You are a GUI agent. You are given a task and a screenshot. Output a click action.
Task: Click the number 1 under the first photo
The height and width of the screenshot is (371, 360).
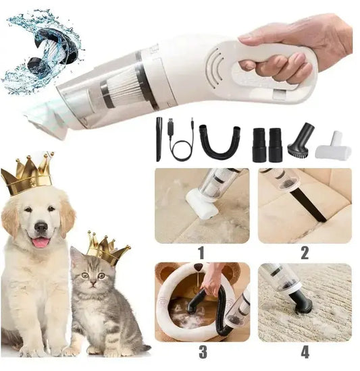pyautogui.click(x=201, y=253)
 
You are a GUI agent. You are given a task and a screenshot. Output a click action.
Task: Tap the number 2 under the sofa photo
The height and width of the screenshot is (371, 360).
pyautogui.click(x=305, y=253)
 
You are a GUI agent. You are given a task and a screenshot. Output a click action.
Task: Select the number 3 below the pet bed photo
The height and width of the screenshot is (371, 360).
pyautogui.click(x=203, y=352)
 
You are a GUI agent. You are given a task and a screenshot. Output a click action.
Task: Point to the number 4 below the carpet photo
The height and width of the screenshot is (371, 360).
pyautogui.click(x=305, y=352)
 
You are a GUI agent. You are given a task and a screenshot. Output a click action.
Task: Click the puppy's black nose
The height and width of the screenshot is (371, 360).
pyautogui.click(x=41, y=227)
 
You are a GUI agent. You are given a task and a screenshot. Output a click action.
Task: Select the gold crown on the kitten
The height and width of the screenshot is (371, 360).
pyautogui.click(x=107, y=248)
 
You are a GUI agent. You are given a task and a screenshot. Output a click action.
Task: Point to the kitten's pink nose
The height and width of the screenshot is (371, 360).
pyautogui.click(x=93, y=283)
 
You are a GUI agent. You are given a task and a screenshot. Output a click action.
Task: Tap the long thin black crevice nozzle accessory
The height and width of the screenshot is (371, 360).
pyautogui.click(x=159, y=140)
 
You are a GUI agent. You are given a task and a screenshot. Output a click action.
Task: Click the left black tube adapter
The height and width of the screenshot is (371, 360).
pyautogui.click(x=259, y=145)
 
